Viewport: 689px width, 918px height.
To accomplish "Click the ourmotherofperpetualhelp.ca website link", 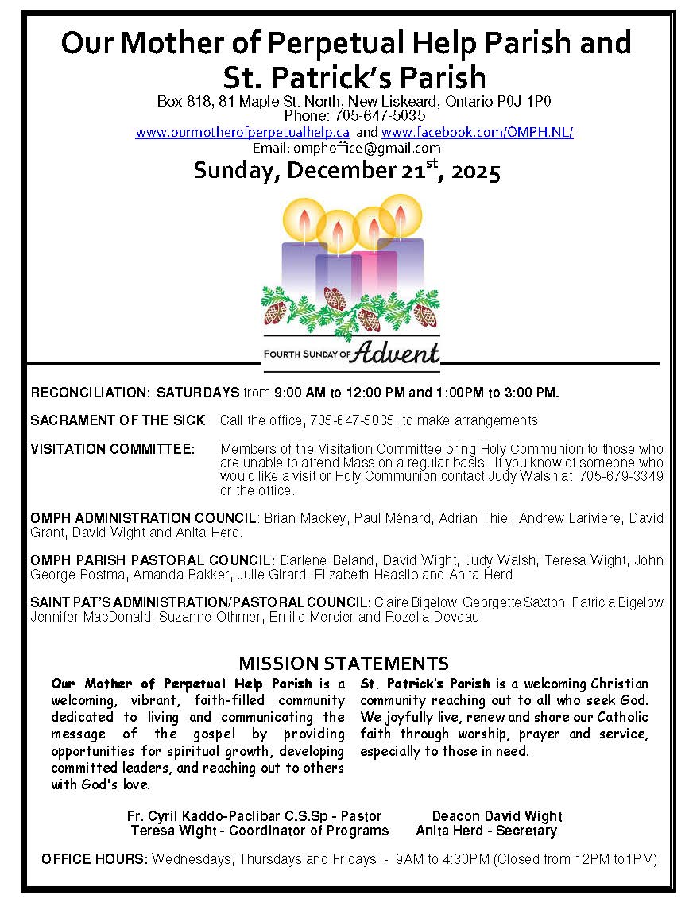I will point(242,132).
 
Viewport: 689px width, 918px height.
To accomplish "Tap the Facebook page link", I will point(477,132).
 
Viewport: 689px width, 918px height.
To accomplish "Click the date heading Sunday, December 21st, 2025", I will point(346,171).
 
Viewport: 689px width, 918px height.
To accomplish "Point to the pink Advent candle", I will point(374,266).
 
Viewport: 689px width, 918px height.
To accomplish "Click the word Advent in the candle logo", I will point(398,352).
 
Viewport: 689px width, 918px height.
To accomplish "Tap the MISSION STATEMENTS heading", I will point(343,664).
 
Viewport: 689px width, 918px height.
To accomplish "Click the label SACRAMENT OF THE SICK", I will point(118,420).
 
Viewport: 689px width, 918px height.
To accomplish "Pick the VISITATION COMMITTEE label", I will point(112,449).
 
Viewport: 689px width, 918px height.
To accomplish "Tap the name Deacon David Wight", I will point(497,816).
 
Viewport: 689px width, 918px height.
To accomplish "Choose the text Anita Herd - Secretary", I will point(486,831).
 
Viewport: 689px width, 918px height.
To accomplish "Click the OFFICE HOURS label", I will point(95,859).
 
